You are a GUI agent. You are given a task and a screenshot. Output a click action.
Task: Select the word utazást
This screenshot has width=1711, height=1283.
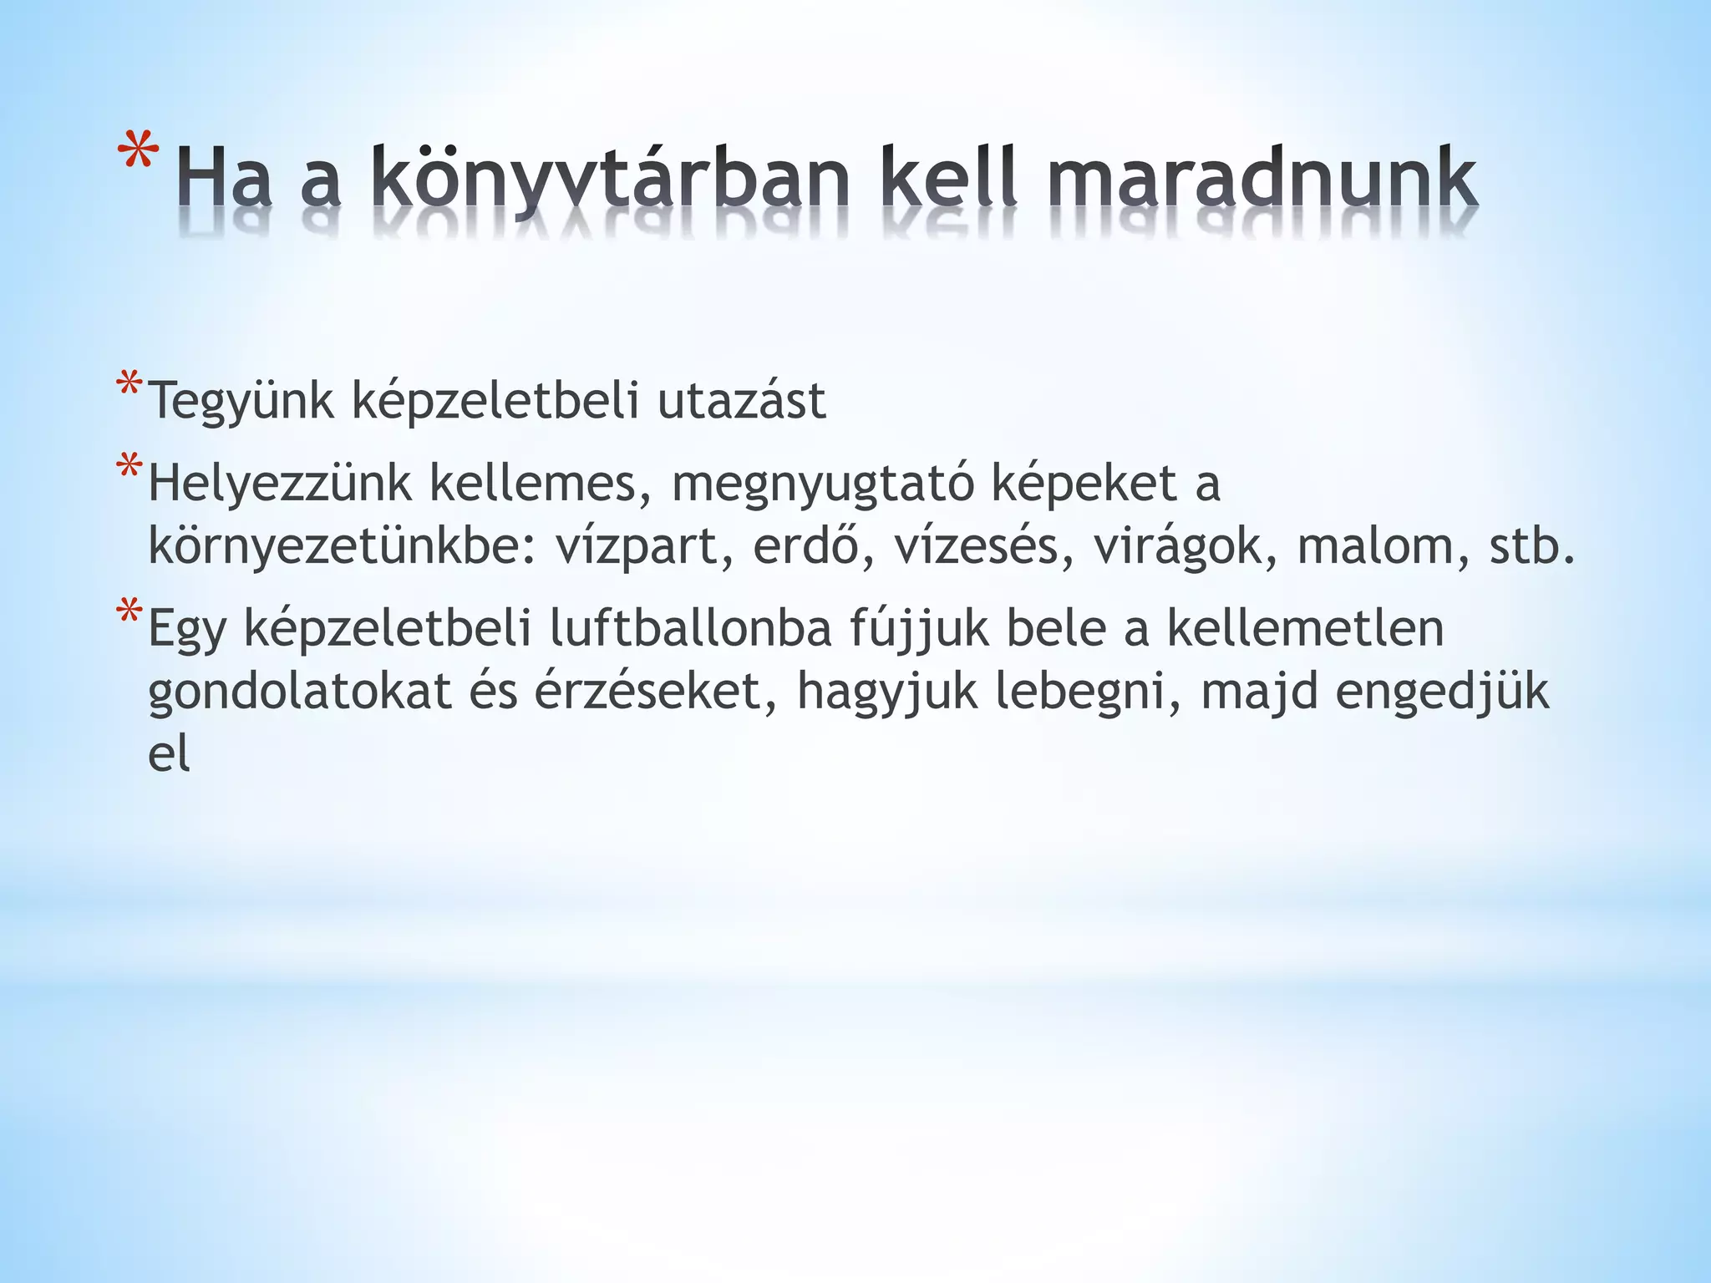point(741,400)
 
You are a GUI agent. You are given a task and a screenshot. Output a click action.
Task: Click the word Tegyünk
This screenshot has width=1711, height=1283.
point(241,402)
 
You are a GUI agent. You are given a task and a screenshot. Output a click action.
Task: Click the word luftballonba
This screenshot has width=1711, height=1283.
point(690,628)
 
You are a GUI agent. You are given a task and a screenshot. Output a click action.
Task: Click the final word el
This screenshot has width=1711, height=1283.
point(169,753)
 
